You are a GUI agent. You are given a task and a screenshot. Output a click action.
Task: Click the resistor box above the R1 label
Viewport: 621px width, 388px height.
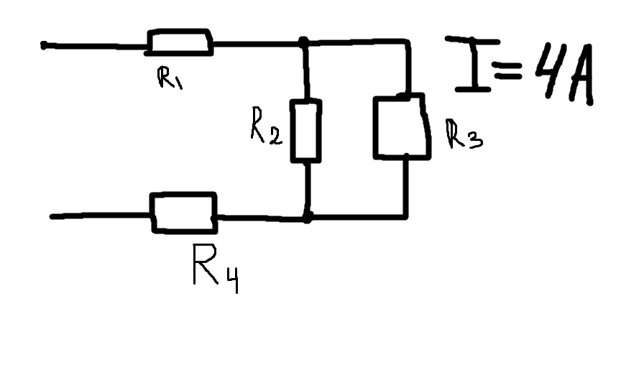pyautogui.click(x=180, y=43)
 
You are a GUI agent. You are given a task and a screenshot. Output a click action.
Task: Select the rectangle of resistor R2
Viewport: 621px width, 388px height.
pyautogui.click(x=305, y=131)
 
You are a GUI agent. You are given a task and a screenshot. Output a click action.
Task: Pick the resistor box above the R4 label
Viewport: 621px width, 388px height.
pyautogui.click(x=184, y=213)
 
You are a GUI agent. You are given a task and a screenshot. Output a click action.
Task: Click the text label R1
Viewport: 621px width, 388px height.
pyautogui.click(x=170, y=78)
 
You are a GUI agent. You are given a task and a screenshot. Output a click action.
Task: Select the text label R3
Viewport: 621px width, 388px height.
pyautogui.click(x=464, y=134)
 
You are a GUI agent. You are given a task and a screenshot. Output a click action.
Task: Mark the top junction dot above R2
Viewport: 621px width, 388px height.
pyautogui.click(x=305, y=43)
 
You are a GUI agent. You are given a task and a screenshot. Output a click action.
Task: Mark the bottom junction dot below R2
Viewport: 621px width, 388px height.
pyautogui.click(x=307, y=216)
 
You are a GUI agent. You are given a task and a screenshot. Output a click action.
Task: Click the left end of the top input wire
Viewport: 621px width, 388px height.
pyautogui.click(x=45, y=45)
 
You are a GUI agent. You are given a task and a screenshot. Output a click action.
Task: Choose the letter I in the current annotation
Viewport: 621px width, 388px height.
pyautogui.click(x=471, y=64)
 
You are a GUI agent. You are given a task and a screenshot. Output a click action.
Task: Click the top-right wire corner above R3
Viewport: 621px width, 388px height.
pyautogui.click(x=408, y=43)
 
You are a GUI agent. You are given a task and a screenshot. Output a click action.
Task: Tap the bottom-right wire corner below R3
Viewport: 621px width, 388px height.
pyautogui.click(x=407, y=216)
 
